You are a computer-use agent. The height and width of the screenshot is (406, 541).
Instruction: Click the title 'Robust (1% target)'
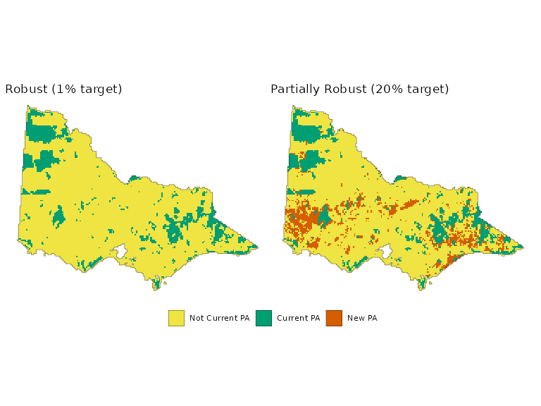63,90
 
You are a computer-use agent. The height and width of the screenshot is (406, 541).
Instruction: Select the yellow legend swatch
176,318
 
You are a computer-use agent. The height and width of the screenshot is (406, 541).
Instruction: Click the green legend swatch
263,318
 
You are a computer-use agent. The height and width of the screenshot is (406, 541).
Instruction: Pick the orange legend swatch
334,318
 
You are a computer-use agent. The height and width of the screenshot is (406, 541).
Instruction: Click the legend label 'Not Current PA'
219,318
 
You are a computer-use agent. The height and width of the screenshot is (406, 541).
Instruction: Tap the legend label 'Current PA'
298,318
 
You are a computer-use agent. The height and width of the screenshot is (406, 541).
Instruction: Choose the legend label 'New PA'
362,318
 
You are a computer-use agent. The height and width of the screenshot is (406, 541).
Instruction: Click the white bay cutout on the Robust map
120,251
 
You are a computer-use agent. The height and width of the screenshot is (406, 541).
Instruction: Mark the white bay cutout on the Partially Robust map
386,251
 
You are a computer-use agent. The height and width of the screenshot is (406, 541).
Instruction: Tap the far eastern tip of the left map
256,247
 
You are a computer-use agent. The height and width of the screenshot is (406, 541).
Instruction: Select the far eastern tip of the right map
522,247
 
